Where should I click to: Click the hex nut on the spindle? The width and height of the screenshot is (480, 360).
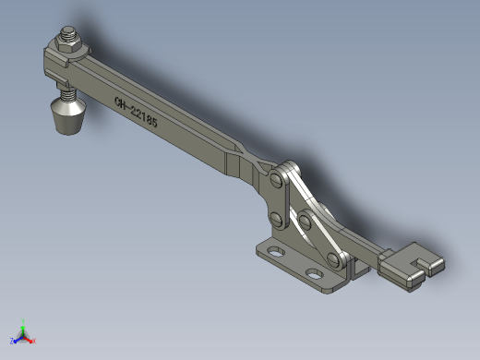[68, 44]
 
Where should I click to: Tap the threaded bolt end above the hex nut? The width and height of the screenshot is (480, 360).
[68, 31]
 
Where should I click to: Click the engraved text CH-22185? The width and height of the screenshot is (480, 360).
[136, 113]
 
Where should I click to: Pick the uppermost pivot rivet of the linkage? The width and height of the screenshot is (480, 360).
[277, 179]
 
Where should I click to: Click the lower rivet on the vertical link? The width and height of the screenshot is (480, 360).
[276, 219]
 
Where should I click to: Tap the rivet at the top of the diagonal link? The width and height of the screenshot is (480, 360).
[305, 221]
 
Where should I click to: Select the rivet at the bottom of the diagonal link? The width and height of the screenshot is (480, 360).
[333, 260]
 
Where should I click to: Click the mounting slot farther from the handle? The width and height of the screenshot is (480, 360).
[276, 251]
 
